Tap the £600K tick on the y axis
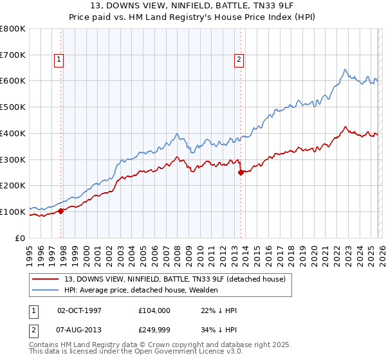coord(13,81)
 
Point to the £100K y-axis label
coord(13,212)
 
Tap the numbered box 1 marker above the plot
coord(59,60)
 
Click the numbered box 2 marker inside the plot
coord(239,60)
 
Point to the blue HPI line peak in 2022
coord(345,69)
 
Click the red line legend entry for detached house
coord(179,278)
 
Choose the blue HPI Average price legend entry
coord(141,290)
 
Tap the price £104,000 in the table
coord(154,310)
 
